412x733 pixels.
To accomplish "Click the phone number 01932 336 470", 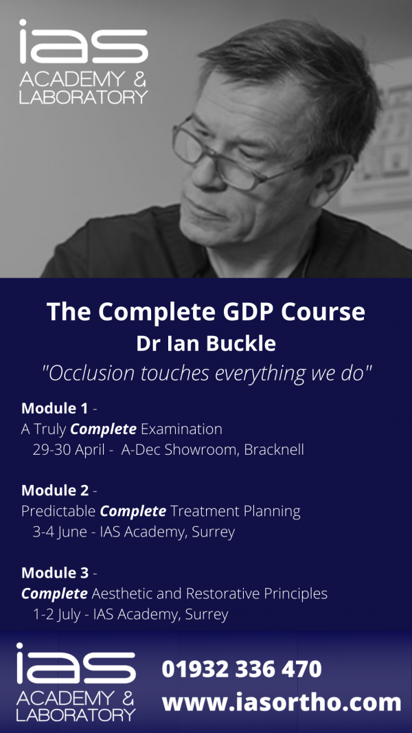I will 242,668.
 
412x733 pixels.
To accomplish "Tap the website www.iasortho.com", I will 282,702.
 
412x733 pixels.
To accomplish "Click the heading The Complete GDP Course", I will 206,311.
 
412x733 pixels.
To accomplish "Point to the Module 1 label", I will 54,408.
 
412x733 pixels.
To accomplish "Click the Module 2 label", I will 54,490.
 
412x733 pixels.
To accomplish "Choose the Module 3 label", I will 54,572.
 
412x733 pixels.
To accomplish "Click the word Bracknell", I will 274,450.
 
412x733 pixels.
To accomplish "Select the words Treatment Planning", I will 236,511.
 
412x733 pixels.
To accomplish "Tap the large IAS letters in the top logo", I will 82,45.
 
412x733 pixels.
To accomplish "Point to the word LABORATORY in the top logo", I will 83,97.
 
